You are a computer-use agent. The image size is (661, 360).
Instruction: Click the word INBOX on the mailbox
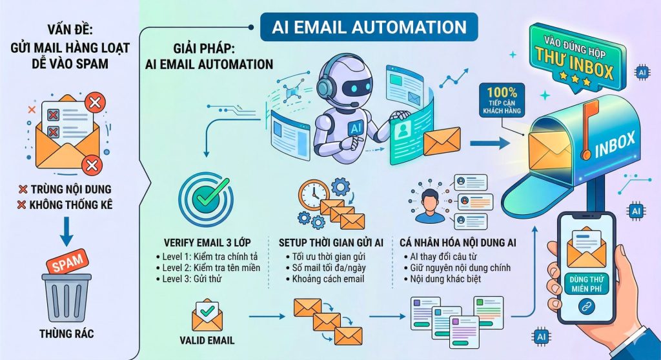615,146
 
